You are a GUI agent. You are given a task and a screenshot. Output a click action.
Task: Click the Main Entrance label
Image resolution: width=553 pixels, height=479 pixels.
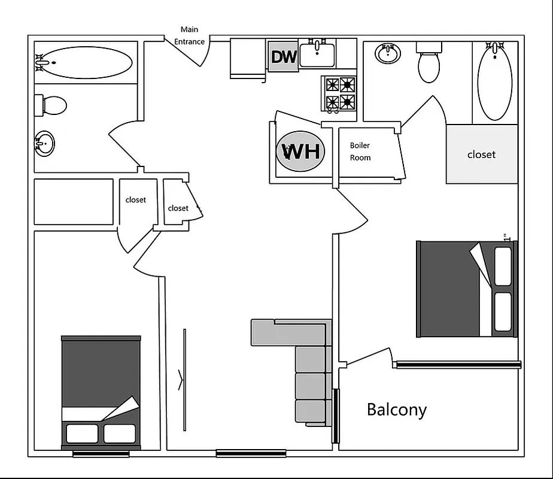189,35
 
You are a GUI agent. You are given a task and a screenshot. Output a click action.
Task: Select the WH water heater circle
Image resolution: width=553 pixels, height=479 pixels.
300,151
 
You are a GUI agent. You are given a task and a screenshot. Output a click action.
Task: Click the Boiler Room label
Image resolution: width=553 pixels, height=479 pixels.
360,151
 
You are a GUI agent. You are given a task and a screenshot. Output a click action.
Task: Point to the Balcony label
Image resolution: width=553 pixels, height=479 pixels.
397,410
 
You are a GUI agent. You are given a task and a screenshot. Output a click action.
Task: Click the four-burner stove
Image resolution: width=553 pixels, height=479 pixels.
339,93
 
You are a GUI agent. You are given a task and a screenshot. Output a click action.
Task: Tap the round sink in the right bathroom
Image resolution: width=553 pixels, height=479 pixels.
388,54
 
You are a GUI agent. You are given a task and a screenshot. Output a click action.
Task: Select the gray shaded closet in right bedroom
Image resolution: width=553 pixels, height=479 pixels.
482,154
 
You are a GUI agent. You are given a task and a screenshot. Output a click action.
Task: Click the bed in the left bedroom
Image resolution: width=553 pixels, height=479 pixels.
101,392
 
